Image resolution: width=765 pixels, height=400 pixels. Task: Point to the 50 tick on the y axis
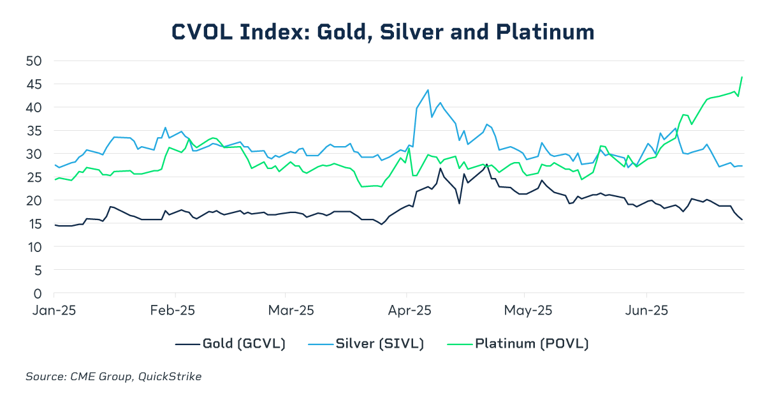[x=34, y=61]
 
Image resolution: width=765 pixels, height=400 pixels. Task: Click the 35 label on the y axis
[x=34, y=131]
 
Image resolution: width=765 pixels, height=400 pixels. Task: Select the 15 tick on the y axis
[x=34, y=224]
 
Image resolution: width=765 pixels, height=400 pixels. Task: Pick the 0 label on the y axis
[x=38, y=294]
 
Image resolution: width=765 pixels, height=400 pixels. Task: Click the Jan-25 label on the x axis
[x=54, y=311]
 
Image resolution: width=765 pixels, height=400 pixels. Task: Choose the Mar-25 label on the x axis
[x=291, y=311]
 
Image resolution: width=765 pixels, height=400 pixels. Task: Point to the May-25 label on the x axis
[x=528, y=311]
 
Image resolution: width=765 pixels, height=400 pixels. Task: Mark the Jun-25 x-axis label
[x=646, y=311]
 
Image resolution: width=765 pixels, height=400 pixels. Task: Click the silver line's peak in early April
[x=428, y=90]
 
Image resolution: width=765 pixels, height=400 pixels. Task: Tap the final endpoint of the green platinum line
[x=742, y=77]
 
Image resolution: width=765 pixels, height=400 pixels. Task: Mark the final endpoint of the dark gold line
[x=742, y=219]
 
